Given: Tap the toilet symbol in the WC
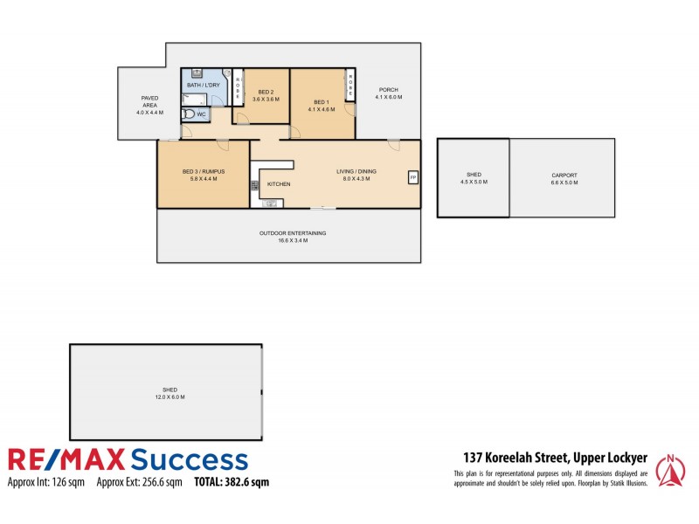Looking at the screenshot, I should point(190,114).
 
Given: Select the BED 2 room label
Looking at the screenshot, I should point(266,93).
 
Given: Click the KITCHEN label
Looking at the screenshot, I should point(279,184).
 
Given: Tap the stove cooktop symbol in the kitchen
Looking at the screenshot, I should point(255,185).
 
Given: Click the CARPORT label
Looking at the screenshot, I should point(564,176).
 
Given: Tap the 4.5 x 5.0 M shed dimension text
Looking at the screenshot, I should point(474,183).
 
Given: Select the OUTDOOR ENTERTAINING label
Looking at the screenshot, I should point(292,233).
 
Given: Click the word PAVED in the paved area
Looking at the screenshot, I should point(149,99).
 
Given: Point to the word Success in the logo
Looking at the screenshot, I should point(188,459).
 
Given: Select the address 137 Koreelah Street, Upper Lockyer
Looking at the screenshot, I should point(554,458).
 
